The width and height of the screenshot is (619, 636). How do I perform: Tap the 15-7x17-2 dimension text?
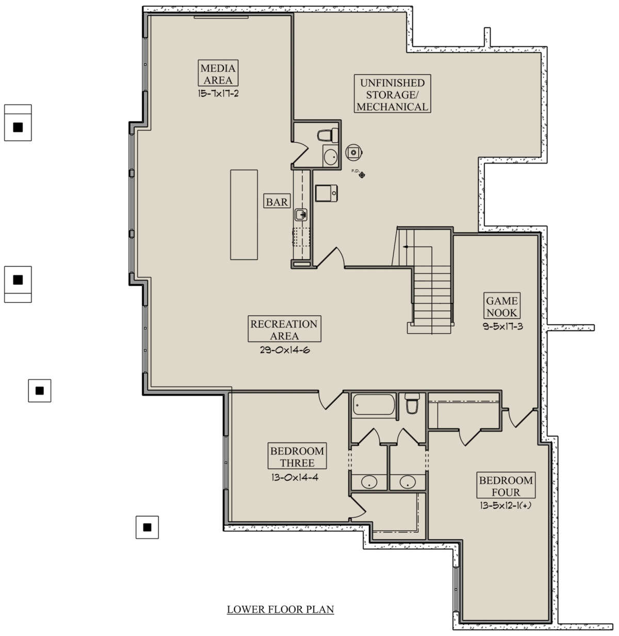(218, 94)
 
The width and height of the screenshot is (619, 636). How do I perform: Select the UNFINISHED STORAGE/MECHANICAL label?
(392, 94)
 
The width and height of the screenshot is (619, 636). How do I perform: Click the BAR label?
(277, 201)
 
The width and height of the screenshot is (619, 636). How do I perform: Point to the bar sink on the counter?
(301, 215)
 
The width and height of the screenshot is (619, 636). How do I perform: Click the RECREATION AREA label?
(284, 329)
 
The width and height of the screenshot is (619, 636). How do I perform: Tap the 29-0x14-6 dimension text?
(285, 350)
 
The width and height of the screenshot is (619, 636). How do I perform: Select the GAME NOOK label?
(502, 305)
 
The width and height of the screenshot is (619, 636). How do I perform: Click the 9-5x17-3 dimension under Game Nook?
(502, 327)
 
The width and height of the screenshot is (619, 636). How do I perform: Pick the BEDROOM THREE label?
(297, 456)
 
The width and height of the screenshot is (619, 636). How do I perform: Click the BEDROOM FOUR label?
(506, 485)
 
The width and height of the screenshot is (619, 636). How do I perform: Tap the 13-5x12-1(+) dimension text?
(506, 506)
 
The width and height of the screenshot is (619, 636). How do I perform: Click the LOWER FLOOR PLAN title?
(281, 609)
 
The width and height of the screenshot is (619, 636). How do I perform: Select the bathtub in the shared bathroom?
(374, 405)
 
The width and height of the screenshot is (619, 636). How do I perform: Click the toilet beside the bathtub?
(412, 403)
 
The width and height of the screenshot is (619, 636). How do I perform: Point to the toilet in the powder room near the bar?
(328, 135)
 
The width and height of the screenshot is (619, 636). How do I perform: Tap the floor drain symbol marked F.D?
(362, 175)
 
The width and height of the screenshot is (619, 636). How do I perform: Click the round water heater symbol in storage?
(354, 152)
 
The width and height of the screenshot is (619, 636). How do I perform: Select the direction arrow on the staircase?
(405, 247)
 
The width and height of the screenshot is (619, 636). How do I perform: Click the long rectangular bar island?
(244, 215)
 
